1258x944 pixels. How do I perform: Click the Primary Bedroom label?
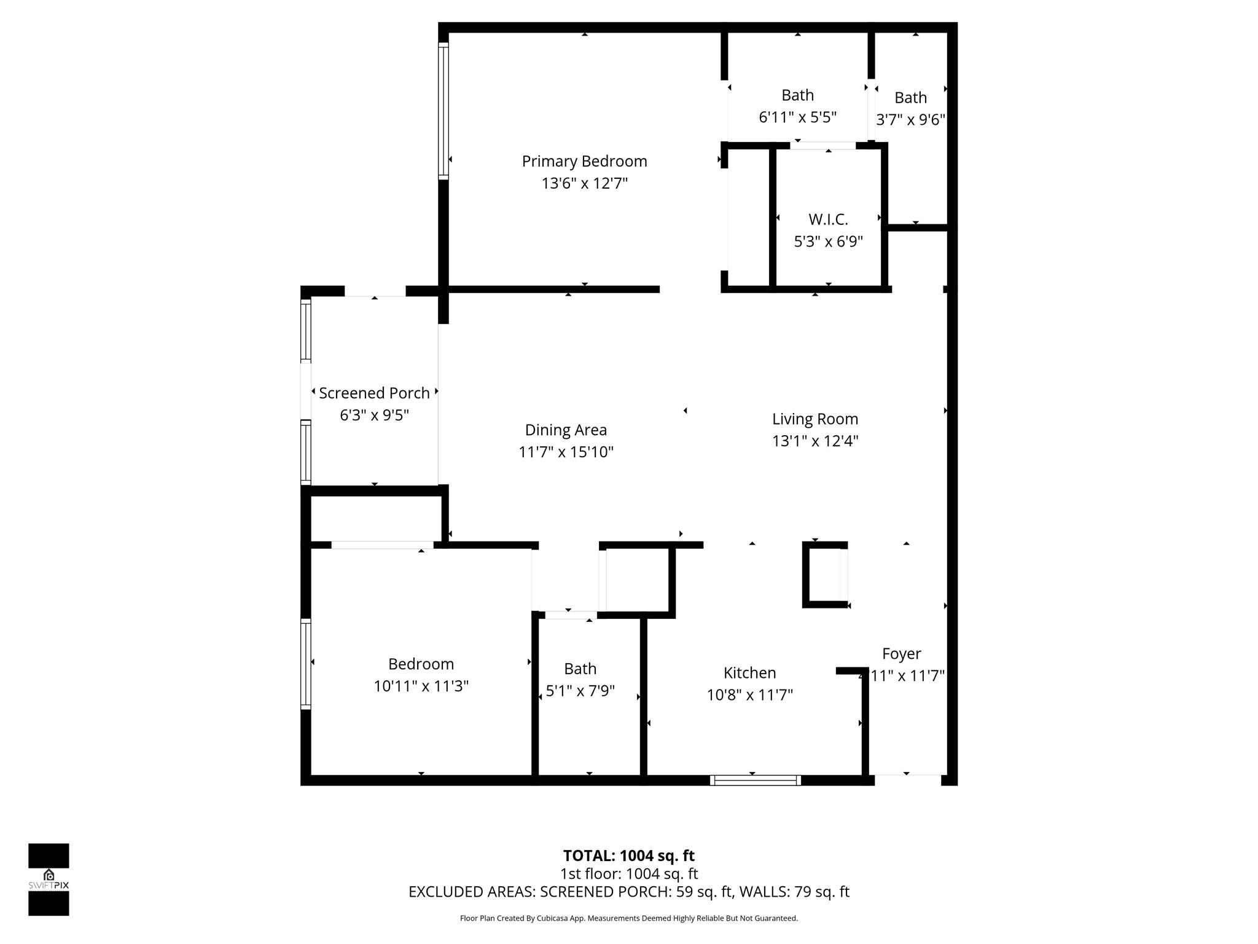click(x=584, y=162)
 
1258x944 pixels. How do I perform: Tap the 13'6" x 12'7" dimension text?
click(x=584, y=184)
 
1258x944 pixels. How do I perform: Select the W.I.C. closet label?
click(x=828, y=219)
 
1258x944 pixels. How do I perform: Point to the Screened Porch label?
click(x=374, y=393)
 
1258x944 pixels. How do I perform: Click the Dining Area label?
click(x=566, y=430)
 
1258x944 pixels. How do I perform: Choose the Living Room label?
click(x=815, y=419)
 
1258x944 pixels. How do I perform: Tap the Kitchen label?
click(x=749, y=673)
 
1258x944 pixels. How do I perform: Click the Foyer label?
click(x=901, y=654)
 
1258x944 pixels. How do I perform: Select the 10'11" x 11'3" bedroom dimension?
click(x=421, y=686)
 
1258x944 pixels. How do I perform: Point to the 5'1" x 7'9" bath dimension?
click(x=580, y=691)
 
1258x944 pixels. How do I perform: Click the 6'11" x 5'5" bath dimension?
click(x=797, y=117)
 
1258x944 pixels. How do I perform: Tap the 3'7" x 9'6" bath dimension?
click(x=910, y=120)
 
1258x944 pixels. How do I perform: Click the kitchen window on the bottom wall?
click(x=756, y=781)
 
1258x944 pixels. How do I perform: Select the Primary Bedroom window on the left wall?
click(x=443, y=111)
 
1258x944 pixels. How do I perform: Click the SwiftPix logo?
click(x=49, y=879)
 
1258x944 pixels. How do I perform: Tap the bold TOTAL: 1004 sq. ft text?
click(x=628, y=855)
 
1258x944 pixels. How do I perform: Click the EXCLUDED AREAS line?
click(x=628, y=892)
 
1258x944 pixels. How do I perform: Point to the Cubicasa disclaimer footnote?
click(x=628, y=918)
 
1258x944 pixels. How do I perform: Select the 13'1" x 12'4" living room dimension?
click(x=815, y=441)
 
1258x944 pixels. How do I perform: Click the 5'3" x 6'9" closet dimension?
click(x=828, y=242)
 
